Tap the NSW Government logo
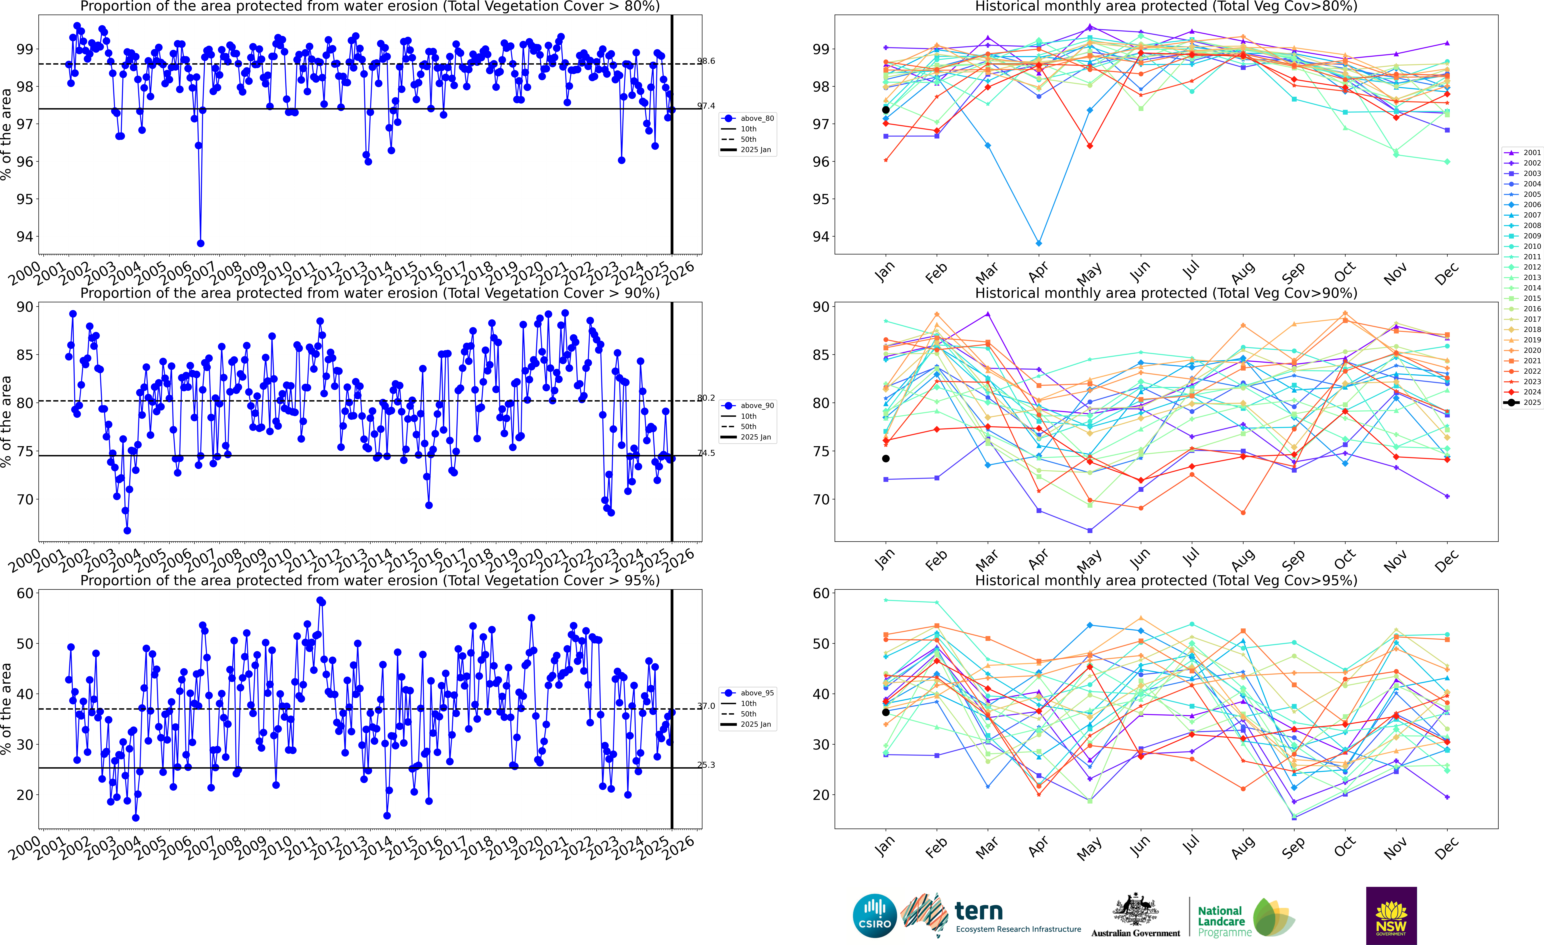1391,916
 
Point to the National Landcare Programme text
1219,921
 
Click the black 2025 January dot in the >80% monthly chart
885,110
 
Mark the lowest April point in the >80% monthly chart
1039,243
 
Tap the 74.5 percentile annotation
706,453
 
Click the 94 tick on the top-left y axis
25,237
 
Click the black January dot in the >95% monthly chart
885,712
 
